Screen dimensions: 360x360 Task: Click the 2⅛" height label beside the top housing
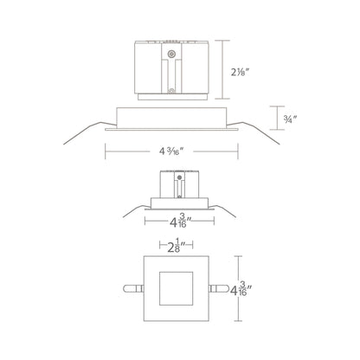[240, 72]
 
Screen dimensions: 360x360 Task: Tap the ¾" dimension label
[290, 118]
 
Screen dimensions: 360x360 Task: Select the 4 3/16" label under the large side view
[171, 151]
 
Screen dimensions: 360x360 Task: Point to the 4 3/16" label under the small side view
[181, 221]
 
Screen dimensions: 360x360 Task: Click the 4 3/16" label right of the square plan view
[239, 290]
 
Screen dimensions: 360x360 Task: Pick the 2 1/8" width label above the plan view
[177, 246]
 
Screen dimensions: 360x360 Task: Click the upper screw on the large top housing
[171, 54]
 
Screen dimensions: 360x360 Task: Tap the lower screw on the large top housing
[171, 91]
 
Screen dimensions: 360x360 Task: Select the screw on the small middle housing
[179, 177]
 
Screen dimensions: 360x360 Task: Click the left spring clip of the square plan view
[133, 288]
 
